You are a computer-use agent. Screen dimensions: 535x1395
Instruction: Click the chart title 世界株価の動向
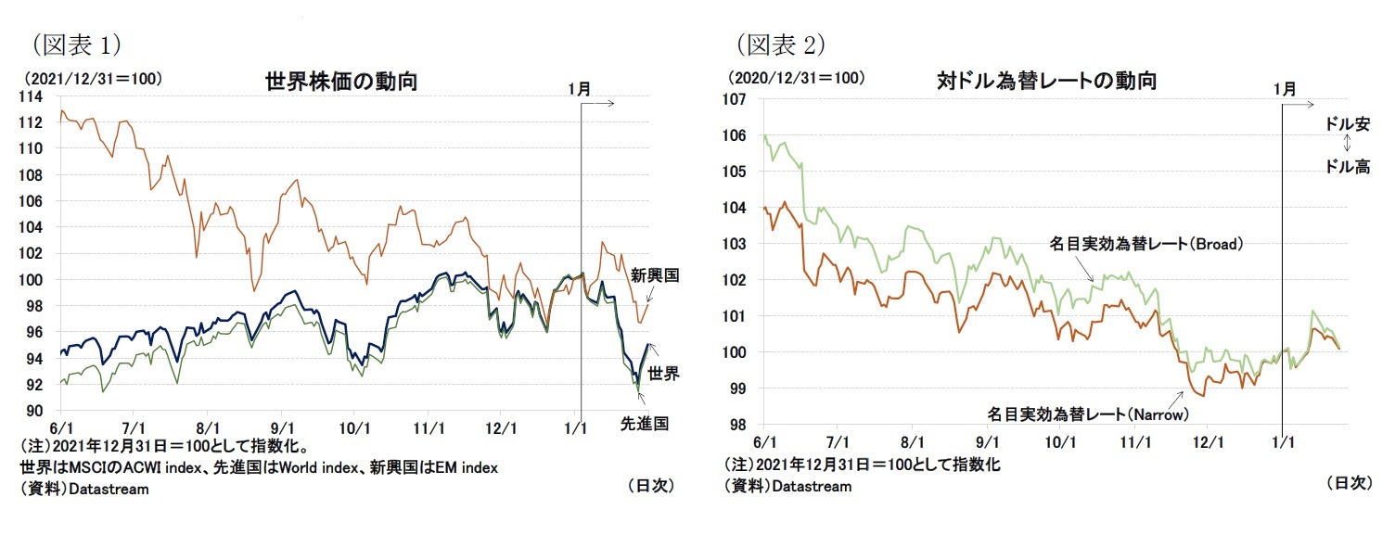[340, 82]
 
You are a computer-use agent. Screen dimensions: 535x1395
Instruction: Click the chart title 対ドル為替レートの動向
[1046, 81]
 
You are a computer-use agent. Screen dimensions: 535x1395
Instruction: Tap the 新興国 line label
[655, 275]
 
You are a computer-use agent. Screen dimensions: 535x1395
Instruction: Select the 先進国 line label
[645, 424]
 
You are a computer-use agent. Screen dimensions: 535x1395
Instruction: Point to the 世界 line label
[663, 374]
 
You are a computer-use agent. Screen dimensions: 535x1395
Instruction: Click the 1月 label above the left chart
[579, 89]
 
